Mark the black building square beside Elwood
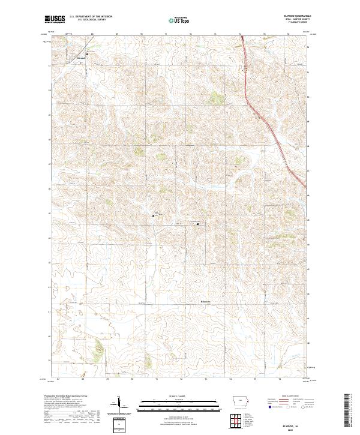[x=86, y=54]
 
